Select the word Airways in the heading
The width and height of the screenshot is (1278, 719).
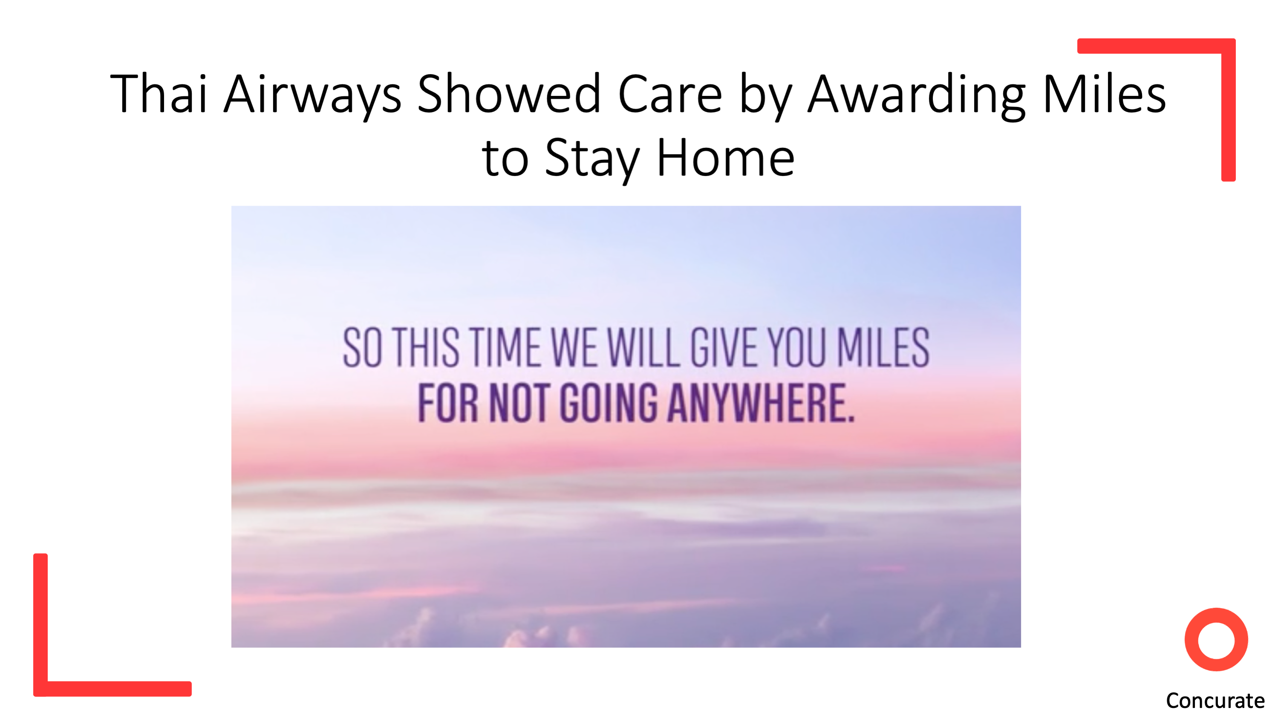pos(312,96)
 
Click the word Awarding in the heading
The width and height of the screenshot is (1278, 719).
pos(916,96)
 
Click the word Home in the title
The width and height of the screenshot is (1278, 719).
pos(725,157)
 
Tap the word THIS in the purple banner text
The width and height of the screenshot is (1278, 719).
pos(427,347)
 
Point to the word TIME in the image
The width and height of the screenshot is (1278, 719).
pos(505,347)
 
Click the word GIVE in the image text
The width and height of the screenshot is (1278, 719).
pos(724,347)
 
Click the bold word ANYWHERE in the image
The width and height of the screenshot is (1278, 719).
pos(762,402)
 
